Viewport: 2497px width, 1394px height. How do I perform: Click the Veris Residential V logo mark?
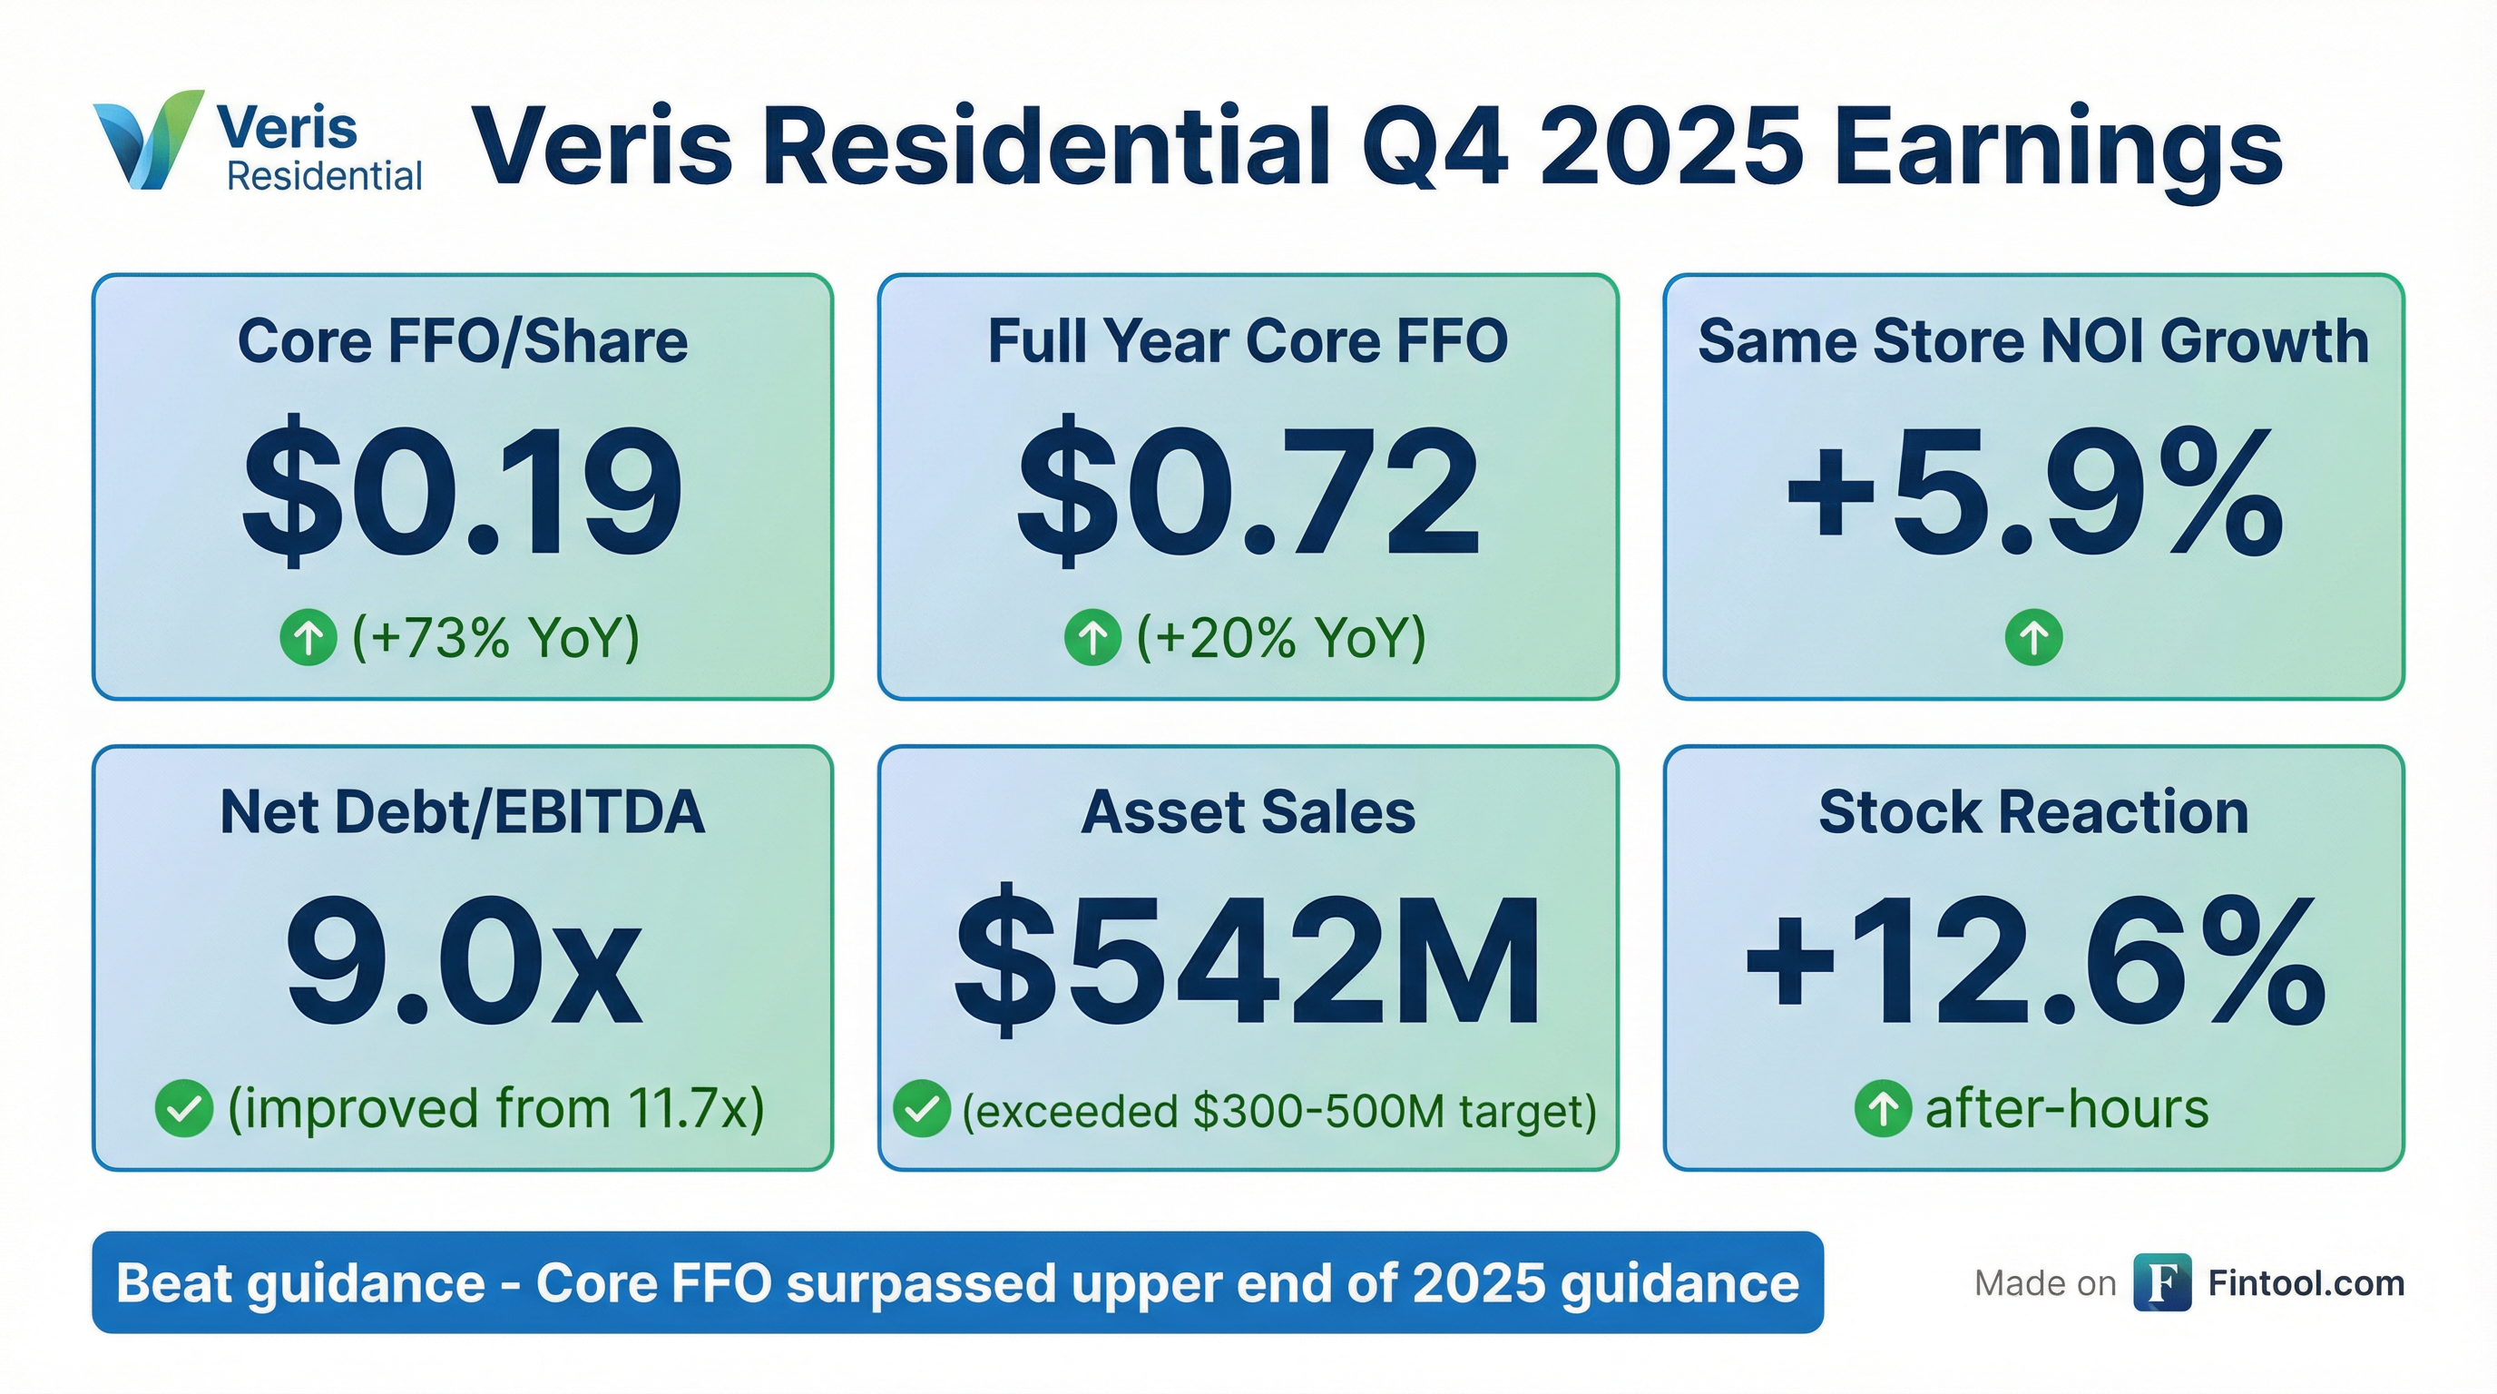point(147,141)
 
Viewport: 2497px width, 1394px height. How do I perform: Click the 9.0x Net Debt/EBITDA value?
point(463,962)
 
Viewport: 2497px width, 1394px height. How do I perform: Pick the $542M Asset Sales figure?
point(1248,962)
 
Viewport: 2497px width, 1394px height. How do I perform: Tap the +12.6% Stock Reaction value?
point(2033,962)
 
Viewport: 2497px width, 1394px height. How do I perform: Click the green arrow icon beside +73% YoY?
point(308,638)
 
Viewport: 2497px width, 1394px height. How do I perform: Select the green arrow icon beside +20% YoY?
point(1092,638)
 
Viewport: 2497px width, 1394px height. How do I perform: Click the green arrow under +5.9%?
point(2033,638)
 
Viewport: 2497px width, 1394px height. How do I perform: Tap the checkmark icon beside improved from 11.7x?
point(184,1108)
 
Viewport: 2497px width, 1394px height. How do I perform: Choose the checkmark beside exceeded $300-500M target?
point(921,1108)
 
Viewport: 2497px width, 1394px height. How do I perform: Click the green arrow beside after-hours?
point(1883,1108)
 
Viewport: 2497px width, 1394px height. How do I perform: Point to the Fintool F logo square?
point(2161,1282)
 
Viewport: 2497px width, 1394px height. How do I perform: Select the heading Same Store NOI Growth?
point(2033,341)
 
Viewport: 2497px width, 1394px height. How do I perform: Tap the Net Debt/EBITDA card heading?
point(463,811)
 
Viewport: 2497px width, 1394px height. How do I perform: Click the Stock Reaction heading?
point(2033,811)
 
